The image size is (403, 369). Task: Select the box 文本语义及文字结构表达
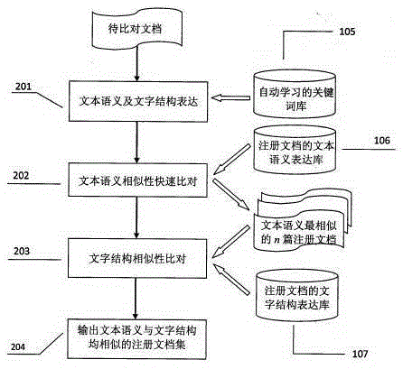[x=138, y=101]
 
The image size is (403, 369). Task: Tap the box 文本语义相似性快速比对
[x=137, y=180]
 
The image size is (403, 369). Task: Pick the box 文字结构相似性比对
[x=137, y=258]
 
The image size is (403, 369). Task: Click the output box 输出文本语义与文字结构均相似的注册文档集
[x=137, y=339]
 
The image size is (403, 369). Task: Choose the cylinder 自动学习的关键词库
[x=295, y=94]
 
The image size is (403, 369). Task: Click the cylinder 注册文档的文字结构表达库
[x=296, y=296]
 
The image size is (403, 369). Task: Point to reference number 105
[x=347, y=32]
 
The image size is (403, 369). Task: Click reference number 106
[x=381, y=141]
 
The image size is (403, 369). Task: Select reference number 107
[x=361, y=354]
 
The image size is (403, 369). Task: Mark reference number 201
[x=23, y=87]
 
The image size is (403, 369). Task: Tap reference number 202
[x=21, y=175]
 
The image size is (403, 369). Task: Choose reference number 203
[x=22, y=251]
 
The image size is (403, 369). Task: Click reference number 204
[x=18, y=346]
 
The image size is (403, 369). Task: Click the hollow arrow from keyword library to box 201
[x=230, y=98]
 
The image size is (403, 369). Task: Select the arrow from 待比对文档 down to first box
[x=137, y=64]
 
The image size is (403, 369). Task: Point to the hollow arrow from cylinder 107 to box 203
[x=231, y=279]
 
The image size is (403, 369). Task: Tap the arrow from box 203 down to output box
[x=136, y=299]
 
